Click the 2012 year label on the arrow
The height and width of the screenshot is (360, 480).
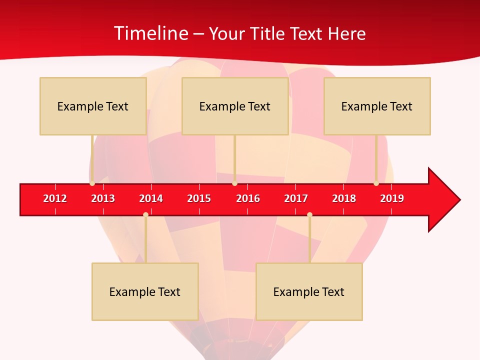[55, 198]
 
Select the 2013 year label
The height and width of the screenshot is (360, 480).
[103, 198]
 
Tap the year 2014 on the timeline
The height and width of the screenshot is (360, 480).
[151, 198]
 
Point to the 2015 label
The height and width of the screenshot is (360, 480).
[199, 198]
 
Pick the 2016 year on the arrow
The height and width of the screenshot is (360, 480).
[248, 198]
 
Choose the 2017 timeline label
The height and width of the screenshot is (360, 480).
[296, 198]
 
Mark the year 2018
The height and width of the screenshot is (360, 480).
[344, 198]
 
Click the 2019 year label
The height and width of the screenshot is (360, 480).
[392, 198]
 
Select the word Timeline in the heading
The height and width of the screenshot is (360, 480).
[151, 33]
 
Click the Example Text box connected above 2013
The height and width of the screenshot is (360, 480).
[93, 106]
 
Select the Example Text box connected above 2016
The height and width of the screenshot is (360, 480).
[235, 106]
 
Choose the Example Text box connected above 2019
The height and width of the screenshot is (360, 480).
[377, 106]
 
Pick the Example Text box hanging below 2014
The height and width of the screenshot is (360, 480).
[145, 291]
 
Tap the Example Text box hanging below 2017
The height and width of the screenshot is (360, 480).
[309, 291]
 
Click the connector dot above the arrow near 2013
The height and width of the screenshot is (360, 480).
[92, 183]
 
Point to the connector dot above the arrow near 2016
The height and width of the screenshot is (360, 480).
[234, 183]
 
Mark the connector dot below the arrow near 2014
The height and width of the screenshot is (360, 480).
[145, 215]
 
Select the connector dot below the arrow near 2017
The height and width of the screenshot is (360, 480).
[309, 215]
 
